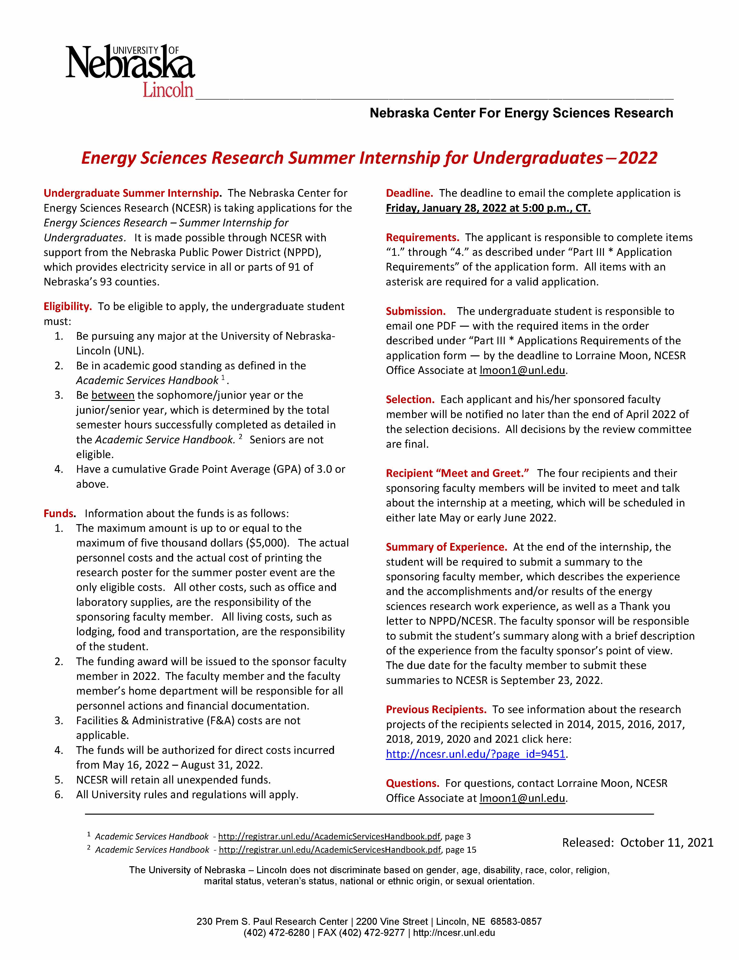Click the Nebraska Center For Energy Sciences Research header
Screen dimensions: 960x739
(x=521, y=113)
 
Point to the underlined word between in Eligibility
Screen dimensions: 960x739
(x=113, y=395)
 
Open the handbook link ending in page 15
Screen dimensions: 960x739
(x=329, y=850)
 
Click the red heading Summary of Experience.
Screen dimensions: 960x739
(x=446, y=547)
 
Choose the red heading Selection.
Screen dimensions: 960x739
(x=410, y=399)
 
